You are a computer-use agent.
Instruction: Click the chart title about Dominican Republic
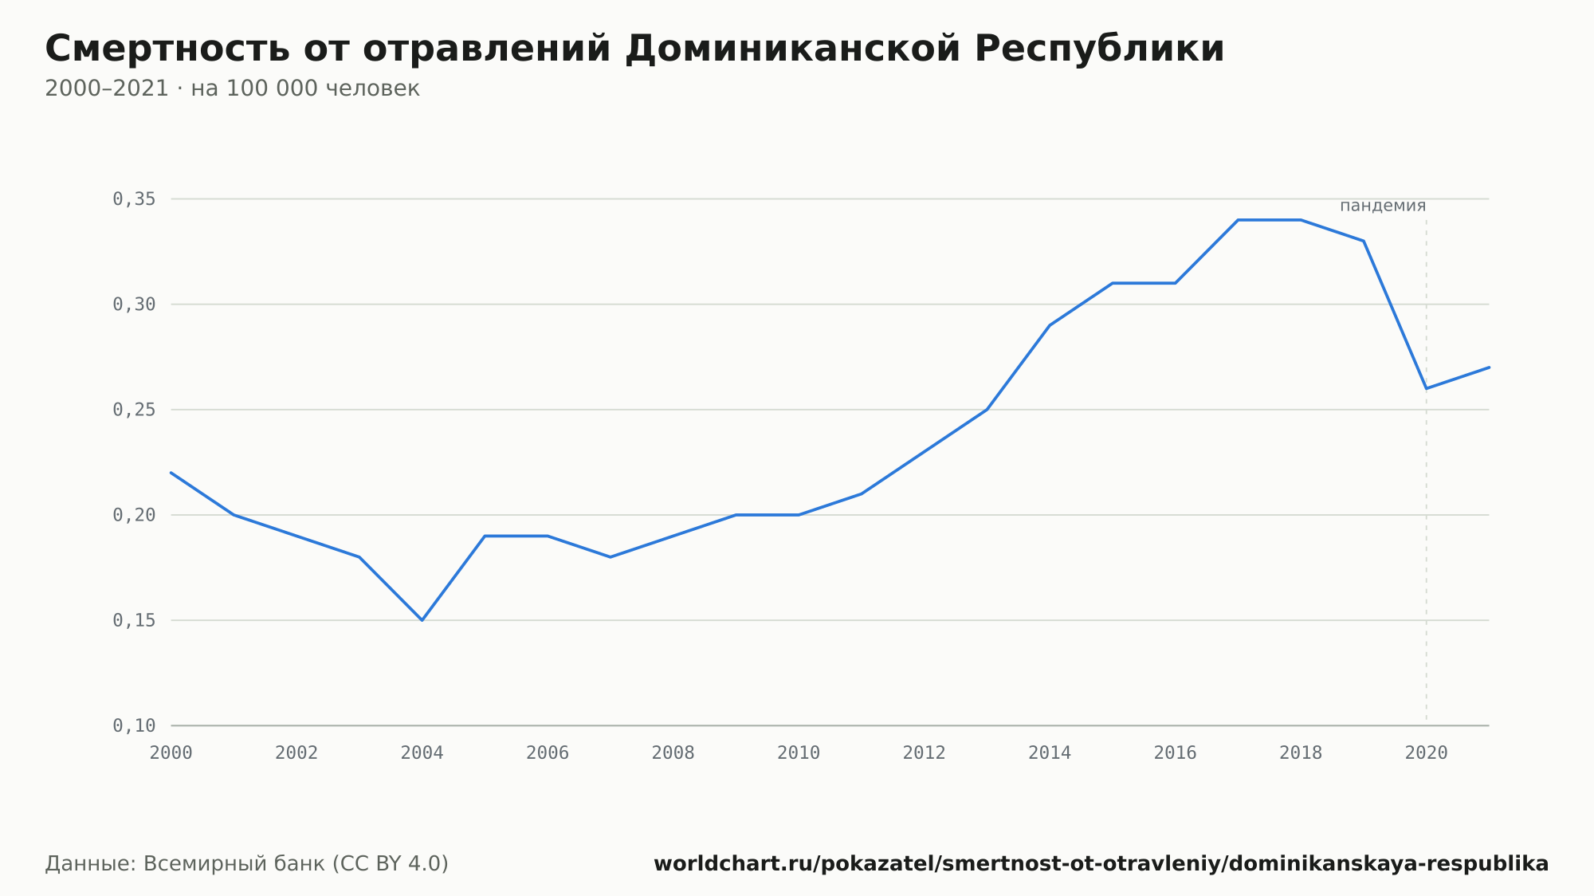[x=634, y=49]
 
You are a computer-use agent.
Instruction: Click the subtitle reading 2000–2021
[x=232, y=88]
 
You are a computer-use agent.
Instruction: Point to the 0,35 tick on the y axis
[x=134, y=199]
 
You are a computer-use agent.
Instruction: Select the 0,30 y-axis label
[x=134, y=305]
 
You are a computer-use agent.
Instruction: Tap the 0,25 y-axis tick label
[x=134, y=410]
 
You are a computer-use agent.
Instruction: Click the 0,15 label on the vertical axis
[x=134, y=620]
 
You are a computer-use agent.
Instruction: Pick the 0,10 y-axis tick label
[x=134, y=725]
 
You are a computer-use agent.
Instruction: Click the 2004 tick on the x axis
[x=422, y=753]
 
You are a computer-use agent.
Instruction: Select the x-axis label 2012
[x=925, y=753]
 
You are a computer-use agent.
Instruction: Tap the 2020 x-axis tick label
[x=1427, y=753]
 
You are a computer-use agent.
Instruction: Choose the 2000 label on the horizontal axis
[x=171, y=753]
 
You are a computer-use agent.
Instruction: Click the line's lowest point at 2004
[x=422, y=620]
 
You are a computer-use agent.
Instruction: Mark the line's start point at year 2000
[x=171, y=473]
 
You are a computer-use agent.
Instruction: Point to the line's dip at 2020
[x=1427, y=388]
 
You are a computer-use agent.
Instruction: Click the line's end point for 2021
[x=1489, y=367]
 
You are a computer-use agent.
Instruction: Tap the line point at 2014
[x=1050, y=325]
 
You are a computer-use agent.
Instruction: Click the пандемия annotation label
[x=1383, y=206]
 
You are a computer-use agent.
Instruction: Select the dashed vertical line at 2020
[x=1427, y=470]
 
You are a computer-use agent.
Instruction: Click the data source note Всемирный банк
[x=247, y=864]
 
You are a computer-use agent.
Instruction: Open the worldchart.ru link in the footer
[x=1101, y=864]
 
